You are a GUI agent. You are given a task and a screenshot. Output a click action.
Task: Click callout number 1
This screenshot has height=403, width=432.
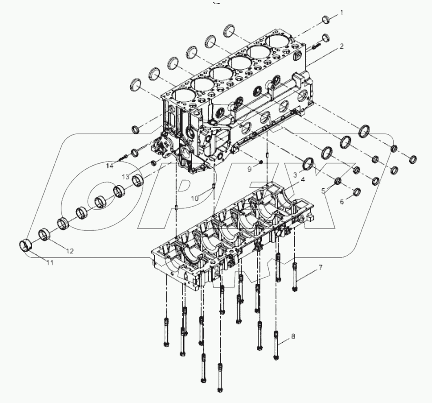pyautogui.click(x=342, y=13)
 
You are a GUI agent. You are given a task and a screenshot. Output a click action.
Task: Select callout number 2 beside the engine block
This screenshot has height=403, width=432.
pyautogui.click(x=342, y=46)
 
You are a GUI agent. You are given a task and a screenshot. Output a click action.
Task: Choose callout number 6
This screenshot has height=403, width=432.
pyautogui.click(x=341, y=201)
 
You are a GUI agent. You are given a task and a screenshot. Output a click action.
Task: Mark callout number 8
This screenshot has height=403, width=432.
pyautogui.click(x=293, y=337)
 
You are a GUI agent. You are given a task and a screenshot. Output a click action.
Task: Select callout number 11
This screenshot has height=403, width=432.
pyautogui.click(x=49, y=263)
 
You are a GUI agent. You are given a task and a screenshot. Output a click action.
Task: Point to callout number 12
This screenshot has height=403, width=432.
pyautogui.click(x=70, y=251)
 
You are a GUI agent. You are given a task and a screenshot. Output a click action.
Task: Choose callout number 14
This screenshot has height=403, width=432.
pyautogui.click(x=110, y=165)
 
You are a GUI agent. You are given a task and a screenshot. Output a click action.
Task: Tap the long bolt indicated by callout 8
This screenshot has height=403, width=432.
pyautogui.click(x=276, y=346)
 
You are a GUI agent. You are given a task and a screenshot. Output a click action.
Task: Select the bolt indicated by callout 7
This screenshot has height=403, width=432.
pyautogui.click(x=295, y=277)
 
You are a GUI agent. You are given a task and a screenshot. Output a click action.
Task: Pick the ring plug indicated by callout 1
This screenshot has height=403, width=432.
pyautogui.click(x=326, y=19)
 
